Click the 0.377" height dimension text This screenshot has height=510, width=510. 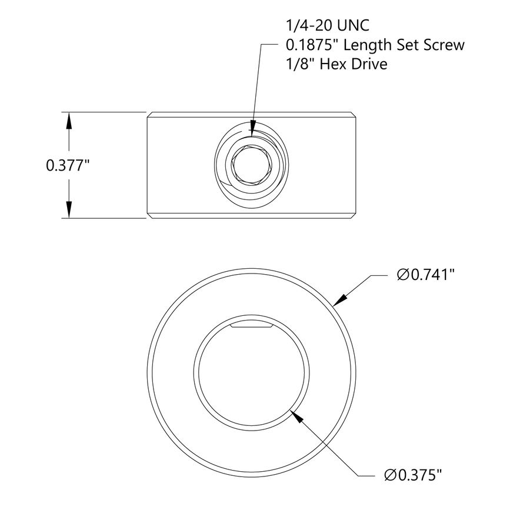[x=67, y=166]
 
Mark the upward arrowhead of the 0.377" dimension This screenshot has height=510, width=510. [x=69, y=121]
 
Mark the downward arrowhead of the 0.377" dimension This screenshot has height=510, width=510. [x=69, y=209]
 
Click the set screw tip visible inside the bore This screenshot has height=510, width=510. [x=251, y=325]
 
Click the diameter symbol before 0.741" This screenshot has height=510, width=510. [x=403, y=275]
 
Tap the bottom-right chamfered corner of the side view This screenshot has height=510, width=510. [x=355, y=216]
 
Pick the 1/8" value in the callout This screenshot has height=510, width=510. [x=295, y=64]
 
